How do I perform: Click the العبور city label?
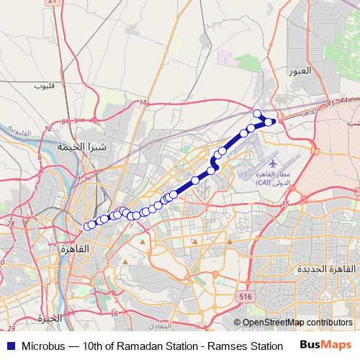click(299, 71)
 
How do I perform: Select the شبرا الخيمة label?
click(82, 146)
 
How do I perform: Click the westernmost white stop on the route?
click(89, 226)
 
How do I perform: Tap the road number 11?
click(143, 104)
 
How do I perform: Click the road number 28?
click(11, 224)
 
